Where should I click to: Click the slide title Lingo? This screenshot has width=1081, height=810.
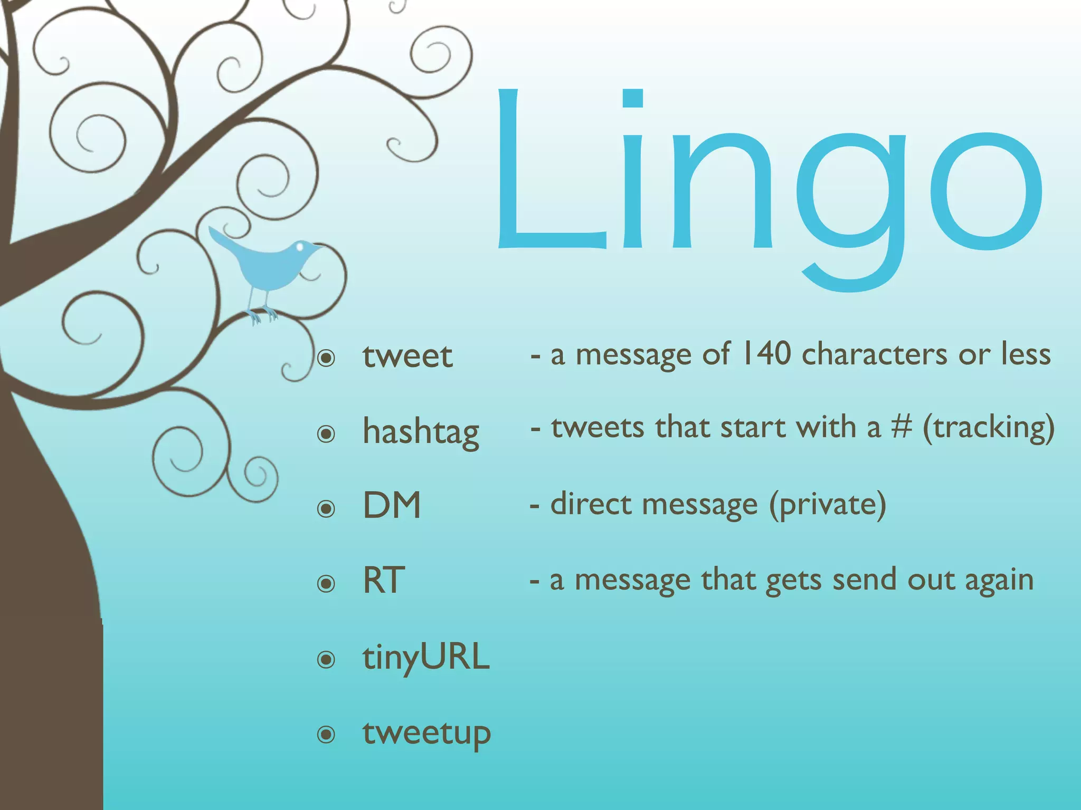tap(768, 179)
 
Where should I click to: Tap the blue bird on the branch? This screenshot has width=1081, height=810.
tap(267, 266)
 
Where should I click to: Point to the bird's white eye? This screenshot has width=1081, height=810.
tap(300, 246)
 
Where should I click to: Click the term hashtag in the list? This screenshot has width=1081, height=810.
tap(421, 431)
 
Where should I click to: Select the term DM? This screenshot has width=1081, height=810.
tap(392, 505)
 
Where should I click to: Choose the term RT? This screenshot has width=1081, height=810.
tap(384, 581)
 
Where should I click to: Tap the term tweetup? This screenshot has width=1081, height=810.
tap(426, 733)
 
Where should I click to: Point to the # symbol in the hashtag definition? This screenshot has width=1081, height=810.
tap(902, 427)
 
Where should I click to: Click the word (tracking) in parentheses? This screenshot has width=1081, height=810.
tap(989, 428)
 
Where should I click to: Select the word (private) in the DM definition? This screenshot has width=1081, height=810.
tap(827, 505)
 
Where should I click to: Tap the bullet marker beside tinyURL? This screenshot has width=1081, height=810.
tap(326, 659)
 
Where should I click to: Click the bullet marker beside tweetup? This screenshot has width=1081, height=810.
tap(326, 734)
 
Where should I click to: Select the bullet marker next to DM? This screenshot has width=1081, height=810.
tap(326, 509)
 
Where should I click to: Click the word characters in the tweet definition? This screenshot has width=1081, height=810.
tap(875, 354)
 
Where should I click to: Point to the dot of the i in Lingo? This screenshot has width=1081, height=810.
tap(632, 98)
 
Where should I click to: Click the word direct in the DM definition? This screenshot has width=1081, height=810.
tap(591, 504)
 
